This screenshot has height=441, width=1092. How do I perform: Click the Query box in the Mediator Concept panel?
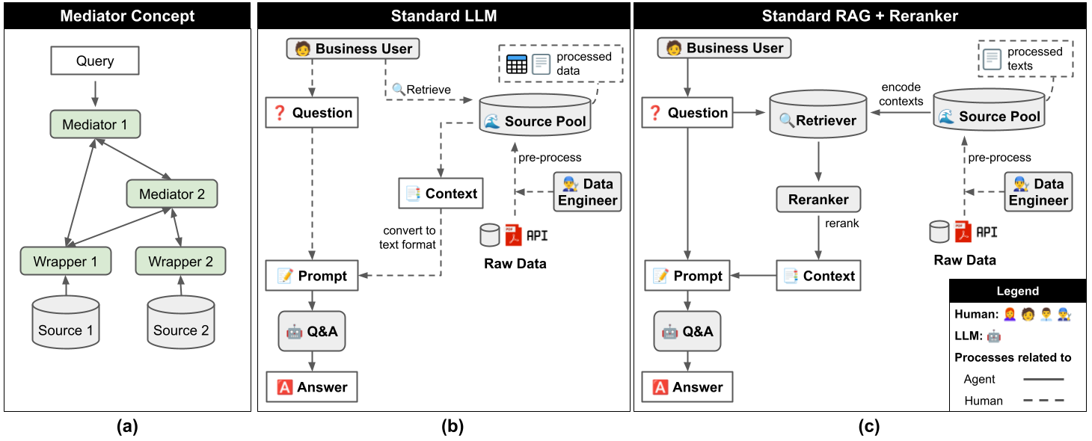click(95, 61)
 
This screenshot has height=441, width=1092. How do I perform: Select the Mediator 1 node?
click(95, 124)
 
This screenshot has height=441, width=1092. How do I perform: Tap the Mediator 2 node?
click(172, 194)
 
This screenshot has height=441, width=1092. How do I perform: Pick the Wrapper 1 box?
click(66, 261)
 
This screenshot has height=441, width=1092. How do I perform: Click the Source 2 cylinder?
click(181, 323)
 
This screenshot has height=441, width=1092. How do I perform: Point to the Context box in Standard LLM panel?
click(441, 194)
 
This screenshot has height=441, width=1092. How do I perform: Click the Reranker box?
click(818, 200)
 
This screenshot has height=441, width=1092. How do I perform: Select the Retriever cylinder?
click(818, 114)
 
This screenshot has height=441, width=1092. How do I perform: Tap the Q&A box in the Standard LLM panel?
click(312, 331)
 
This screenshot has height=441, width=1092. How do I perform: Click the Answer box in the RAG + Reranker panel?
click(687, 387)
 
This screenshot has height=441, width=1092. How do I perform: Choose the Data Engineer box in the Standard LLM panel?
click(587, 191)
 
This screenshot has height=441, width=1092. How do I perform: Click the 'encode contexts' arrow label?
click(901, 94)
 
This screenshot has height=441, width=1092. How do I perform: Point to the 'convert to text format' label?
click(408, 237)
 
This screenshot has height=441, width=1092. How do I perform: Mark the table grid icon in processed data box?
click(517, 64)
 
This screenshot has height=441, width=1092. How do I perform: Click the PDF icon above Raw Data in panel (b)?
click(513, 236)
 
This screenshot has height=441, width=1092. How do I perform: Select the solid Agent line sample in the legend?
click(1043, 379)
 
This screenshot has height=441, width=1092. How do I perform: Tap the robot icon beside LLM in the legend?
click(993, 336)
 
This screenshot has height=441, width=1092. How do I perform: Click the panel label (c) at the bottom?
click(869, 426)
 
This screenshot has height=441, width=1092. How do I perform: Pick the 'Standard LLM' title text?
click(444, 16)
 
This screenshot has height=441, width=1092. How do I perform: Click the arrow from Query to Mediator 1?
click(95, 93)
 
